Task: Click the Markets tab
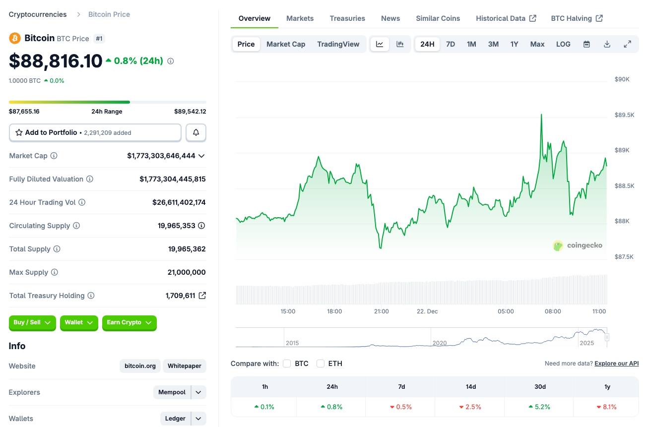point(300,18)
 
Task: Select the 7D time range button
point(451,44)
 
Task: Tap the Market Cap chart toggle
point(286,44)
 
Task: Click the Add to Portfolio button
point(95,132)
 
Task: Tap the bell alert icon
point(196,132)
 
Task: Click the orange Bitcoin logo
point(15,38)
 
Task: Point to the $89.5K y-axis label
point(624,115)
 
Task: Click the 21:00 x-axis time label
point(381,311)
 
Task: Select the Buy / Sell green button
point(32,322)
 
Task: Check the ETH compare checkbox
point(321,364)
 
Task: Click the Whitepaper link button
point(184,366)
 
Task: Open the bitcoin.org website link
point(140,366)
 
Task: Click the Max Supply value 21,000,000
point(187,272)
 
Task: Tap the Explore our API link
point(616,364)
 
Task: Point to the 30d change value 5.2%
point(540,407)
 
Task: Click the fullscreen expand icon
point(627,44)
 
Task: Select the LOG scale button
point(563,44)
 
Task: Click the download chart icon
point(607,44)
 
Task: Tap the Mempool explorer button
point(172,392)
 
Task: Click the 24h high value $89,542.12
point(190,112)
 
